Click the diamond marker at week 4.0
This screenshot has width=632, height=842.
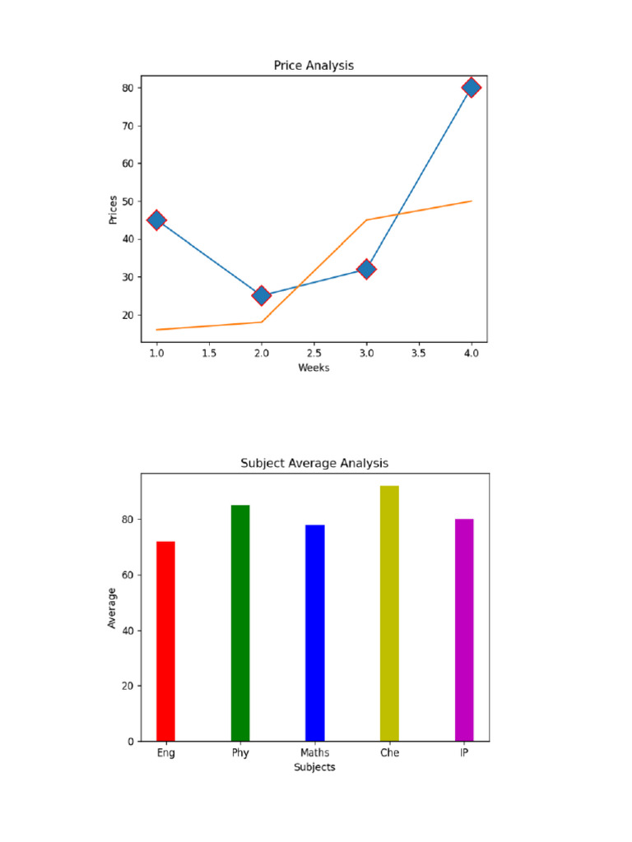pyautogui.click(x=472, y=87)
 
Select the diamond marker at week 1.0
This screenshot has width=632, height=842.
pyautogui.click(x=156, y=220)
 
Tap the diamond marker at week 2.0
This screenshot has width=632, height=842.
pyautogui.click(x=262, y=295)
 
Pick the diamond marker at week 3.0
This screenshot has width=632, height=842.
pyautogui.click(x=366, y=269)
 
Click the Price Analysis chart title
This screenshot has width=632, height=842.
pyautogui.click(x=314, y=65)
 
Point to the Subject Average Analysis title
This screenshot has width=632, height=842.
pyautogui.click(x=314, y=463)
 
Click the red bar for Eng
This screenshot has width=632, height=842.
pyautogui.click(x=165, y=641)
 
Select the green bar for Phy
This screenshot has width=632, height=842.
pyautogui.click(x=240, y=623)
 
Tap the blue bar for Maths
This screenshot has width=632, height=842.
pyautogui.click(x=315, y=633)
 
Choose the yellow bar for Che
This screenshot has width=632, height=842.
pyautogui.click(x=389, y=613)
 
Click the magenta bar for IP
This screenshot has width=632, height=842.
pyautogui.click(x=464, y=630)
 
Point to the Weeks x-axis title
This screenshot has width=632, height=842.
pyautogui.click(x=314, y=368)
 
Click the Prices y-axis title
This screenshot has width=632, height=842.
pyautogui.click(x=113, y=210)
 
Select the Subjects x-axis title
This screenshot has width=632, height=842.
pyautogui.click(x=314, y=767)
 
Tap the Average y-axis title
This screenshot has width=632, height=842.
pyautogui.click(x=112, y=608)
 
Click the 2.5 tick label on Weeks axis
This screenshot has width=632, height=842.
pyautogui.click(x=314, y=354)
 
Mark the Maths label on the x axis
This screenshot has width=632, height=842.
pyautogui.click(x=315, y=753)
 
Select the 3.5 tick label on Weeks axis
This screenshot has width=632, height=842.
pyautogui.click(x=419, y=354)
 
